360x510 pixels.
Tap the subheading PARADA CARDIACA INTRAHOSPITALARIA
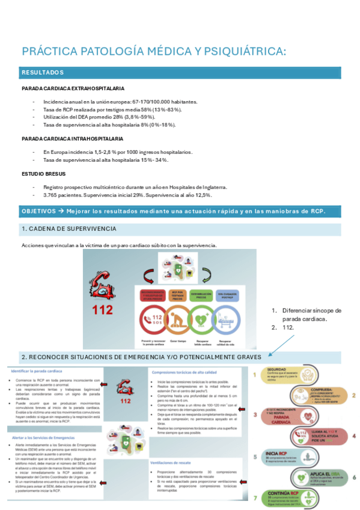click(x=69, y=139)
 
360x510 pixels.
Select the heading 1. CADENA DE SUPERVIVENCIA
click(x=69, y=229)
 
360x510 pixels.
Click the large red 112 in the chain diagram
click(x=102, y=311)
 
